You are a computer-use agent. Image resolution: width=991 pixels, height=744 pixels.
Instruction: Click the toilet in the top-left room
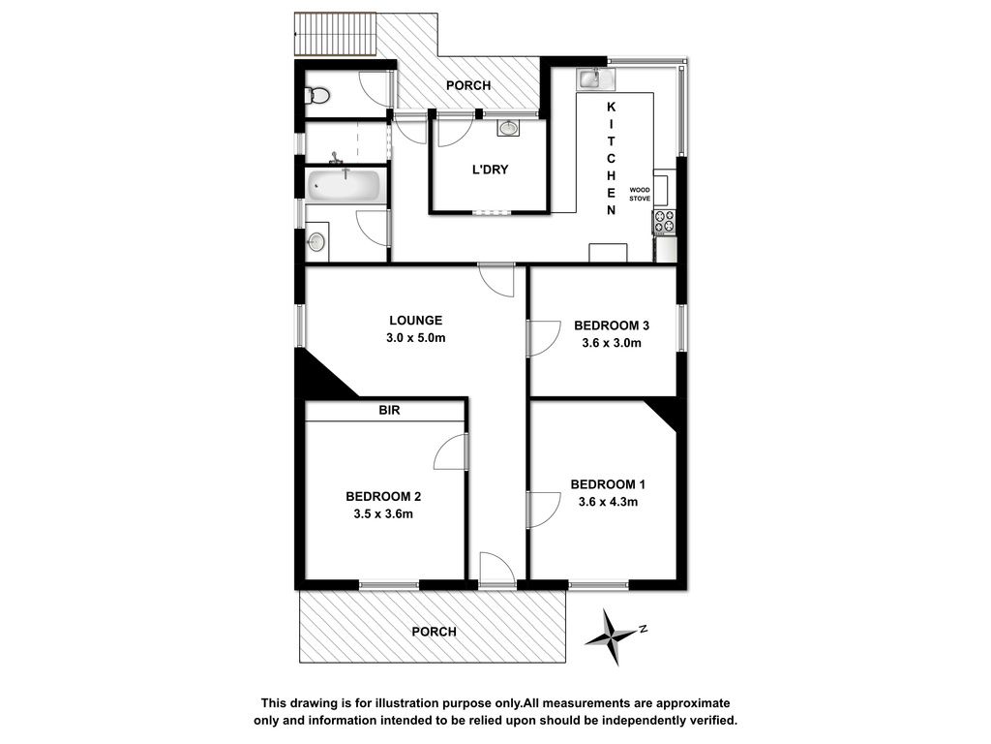click(x=317, y=96)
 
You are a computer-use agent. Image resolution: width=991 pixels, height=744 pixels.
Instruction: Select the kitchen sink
click(x=595, y=78)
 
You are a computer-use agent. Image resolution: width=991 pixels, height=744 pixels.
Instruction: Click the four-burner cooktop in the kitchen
click(x=664, y=222)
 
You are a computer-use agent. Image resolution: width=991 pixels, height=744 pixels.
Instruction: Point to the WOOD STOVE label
click(x=640, y=194)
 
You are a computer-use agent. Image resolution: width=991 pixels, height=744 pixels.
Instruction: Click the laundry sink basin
click(x=508, y=129)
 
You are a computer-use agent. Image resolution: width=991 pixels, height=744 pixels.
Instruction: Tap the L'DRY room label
click(x=490, y=170)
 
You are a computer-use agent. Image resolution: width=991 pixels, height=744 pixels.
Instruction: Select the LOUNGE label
click(x=415, y=320)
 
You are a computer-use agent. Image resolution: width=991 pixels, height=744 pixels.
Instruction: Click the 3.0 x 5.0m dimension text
click(x=415, y=338)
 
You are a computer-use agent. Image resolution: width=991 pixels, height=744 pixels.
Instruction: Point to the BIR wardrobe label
click(x=389, y=410)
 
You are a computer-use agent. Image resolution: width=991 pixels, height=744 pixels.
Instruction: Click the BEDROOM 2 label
click(x=383, y=497)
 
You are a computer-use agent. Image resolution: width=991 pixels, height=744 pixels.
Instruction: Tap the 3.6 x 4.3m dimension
click(x=608, y=503)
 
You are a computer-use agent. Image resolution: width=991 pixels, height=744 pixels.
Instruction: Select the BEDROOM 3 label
click(x=612, y=325)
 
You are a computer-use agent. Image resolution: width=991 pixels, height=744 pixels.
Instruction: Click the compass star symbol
click(x=612, y=635)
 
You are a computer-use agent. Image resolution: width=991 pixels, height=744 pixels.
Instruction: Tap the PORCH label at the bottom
click(x=434, y=632)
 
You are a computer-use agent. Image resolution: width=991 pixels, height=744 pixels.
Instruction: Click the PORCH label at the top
click(x=468, y=85)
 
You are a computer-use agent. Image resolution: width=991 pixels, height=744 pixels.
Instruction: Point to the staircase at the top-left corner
click(x=336, y=34)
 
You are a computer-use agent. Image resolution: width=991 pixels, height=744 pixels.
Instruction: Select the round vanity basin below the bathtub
click(x=316, y=241)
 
